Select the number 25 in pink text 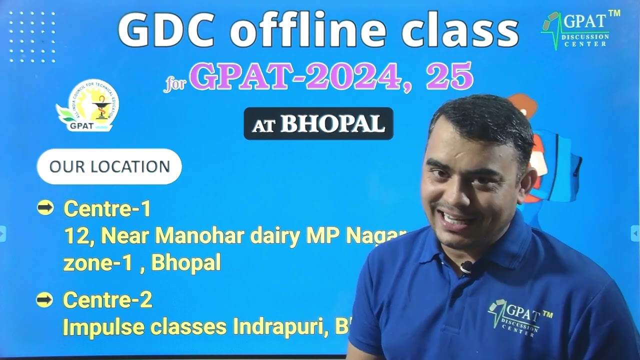coord(449,76)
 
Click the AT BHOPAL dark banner coord(318,124)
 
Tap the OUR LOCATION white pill coord(109,166)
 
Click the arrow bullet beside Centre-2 coord(45,300)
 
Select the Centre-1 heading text coord(107,208)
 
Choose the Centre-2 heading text coord(107,300)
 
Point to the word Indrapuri coord(279,327)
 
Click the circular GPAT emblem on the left coord(88,105)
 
